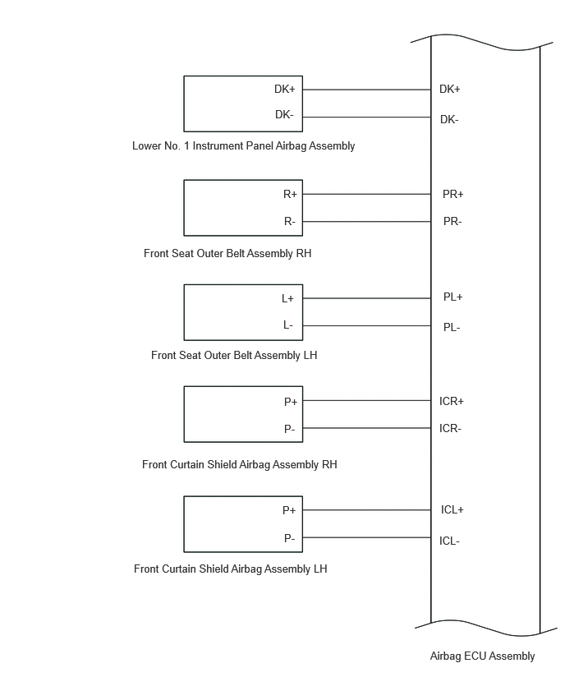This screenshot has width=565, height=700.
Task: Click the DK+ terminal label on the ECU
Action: [449, 90]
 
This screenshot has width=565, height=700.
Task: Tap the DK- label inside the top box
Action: [284, 115]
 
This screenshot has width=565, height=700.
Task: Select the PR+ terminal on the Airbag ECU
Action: [453, 194]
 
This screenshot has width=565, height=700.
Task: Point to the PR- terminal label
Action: [452, 222]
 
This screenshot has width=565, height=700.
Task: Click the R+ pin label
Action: [290, 194]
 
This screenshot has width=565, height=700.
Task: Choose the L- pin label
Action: [288, 325]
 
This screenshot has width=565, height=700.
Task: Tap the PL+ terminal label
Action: [453, 297]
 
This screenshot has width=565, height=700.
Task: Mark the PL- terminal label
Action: [452, 328]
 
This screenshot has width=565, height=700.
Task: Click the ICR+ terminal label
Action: [452, 401]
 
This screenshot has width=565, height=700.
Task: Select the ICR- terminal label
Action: [450, 429]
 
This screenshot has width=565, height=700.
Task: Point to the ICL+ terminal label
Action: [452, 510]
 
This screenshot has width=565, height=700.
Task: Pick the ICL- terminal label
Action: [449, 541]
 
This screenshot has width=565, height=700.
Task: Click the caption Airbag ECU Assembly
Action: [482, 656]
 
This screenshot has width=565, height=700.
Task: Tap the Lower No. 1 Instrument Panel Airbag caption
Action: [244, 146]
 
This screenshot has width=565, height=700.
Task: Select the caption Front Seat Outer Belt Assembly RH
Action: [227, 254]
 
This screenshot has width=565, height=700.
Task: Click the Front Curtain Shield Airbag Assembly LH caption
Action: [231, 569]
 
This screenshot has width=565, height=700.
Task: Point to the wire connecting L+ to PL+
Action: [367, 298]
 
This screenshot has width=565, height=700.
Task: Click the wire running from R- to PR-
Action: [367, 222]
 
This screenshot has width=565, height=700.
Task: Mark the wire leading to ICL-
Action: [367, 537]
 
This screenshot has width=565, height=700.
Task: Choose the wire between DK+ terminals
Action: [367, 90]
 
